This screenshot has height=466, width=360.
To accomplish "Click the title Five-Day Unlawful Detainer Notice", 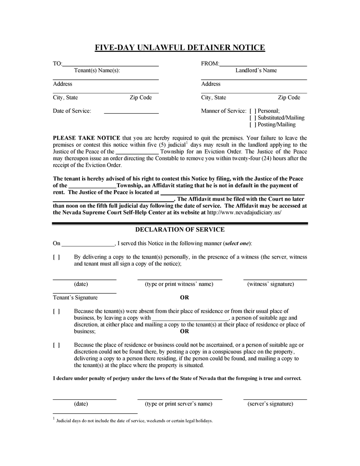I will click(180, 48).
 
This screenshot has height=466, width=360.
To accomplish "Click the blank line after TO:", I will click(110, 64).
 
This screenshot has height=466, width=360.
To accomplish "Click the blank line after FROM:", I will click(263, 64).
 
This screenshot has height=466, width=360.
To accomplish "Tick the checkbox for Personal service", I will click(253, 111).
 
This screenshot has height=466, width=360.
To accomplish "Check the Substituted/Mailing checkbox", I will click(253, 118).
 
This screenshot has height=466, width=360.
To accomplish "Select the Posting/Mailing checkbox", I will click(253, 124).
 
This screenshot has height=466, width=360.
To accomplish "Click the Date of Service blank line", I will click(131, 112).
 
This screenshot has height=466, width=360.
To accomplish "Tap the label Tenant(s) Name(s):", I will click(97, 71).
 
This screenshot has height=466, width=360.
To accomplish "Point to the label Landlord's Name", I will click(256, 71).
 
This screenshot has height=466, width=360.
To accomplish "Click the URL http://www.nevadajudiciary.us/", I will click(244, 212).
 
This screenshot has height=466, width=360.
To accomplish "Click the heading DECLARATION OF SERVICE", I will click(180, 229).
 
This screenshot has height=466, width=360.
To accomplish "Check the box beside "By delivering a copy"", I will click(56, 257).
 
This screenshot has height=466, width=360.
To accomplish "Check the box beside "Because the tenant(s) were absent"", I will click(56, 311).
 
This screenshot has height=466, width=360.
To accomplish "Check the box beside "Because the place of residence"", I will click(56, 345).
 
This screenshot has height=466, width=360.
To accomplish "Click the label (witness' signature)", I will click(271, 284).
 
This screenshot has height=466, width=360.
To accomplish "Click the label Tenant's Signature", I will click(75, 298).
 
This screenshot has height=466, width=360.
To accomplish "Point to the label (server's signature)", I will click(270, 404).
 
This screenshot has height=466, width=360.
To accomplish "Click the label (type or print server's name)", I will click(179, 404).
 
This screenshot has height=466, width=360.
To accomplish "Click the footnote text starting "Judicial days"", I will click(134, 421).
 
